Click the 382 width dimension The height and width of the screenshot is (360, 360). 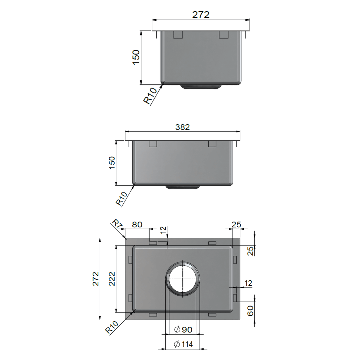[182, 127]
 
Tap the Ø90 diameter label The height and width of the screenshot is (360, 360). [183, 330]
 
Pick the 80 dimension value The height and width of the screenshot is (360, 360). [137, 224]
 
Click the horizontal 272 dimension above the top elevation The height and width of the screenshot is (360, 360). [201, 15]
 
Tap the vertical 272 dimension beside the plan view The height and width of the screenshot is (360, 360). [96, 279]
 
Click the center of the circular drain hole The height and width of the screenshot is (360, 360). [183, 279]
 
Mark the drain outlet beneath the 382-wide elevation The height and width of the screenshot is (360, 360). [182, 187]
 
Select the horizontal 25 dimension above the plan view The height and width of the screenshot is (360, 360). [236, 224]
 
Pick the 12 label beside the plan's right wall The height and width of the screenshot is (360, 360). [248, 283]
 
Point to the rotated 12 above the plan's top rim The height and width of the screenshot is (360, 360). [162, 230]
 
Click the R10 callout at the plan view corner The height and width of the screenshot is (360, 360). [112, 328]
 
